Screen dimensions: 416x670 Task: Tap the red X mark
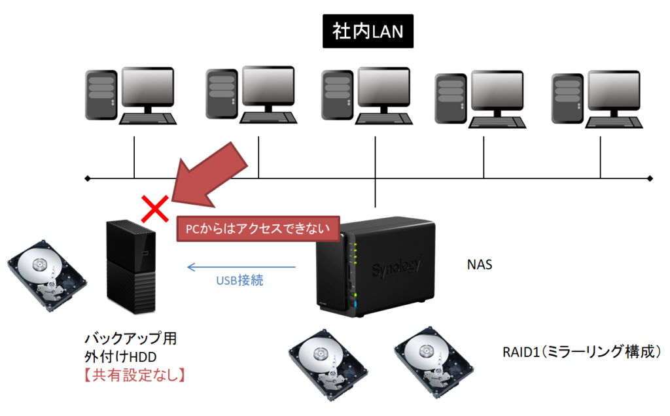pos(155,209)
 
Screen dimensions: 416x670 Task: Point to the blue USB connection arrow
pos(241,267)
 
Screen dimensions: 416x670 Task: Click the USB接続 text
pos(239,281)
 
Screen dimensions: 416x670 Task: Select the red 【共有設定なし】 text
pos(131,375)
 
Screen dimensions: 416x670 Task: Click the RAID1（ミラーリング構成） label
pos(580,351)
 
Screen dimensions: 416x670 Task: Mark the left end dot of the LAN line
pos(88,178)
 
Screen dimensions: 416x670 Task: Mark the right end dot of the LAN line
pos(650,178)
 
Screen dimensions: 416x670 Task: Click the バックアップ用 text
pos(131,340)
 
